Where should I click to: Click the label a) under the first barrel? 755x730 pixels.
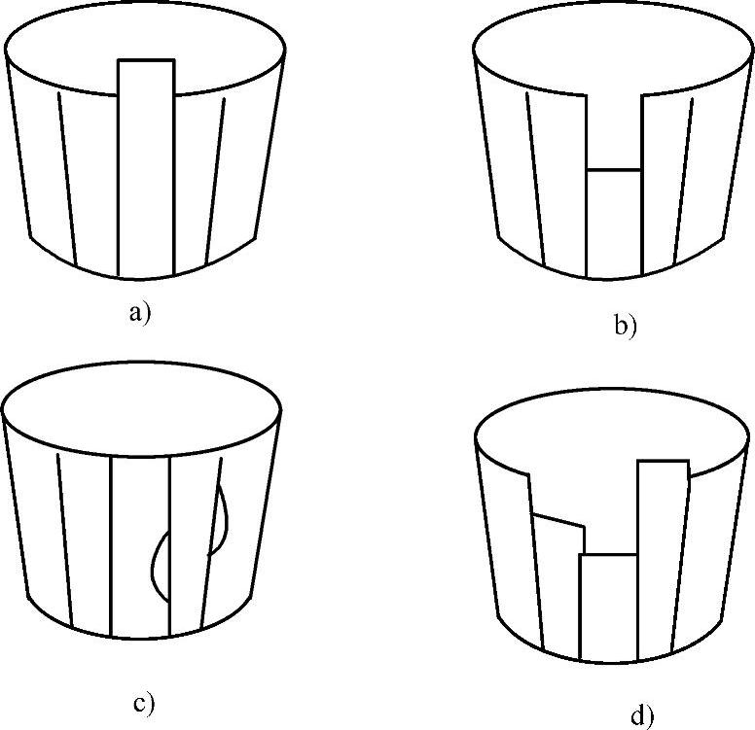coord(140,313)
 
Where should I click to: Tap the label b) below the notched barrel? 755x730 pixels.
coord(625,326)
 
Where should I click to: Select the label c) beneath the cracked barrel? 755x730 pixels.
coord(143,704)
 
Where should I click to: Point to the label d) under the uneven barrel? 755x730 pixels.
coord(642,716)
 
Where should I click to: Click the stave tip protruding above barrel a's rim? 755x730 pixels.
coord(146,77)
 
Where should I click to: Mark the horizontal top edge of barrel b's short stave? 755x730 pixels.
coord(614,169)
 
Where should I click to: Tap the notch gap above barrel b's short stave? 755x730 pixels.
coord(614,131)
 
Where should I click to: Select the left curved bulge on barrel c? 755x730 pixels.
coord(159,566)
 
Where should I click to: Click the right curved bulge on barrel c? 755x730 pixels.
coord(219,521)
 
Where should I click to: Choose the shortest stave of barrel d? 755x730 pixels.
coord(609,608)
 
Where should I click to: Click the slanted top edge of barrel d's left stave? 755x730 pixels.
coord(558,520)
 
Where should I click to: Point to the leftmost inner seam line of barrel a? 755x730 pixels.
coord(67,179)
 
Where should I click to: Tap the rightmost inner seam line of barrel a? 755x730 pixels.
coord(215,181)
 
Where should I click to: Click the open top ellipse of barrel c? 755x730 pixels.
coord(142,408)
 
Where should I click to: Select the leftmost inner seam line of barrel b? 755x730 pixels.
coord(536,179)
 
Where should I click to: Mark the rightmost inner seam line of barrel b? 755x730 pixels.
coord(683,181)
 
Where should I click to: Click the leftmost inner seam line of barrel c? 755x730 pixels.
coord(64,540)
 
